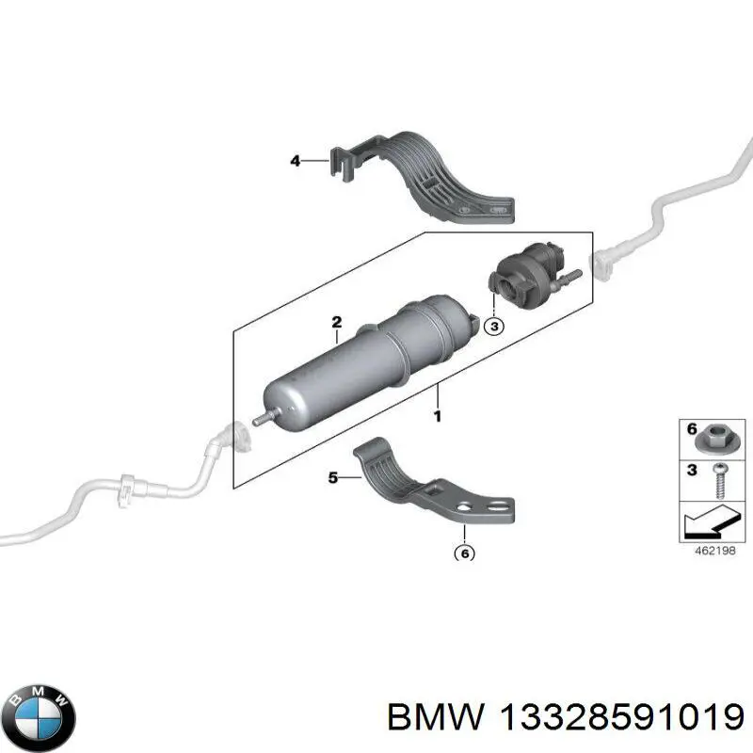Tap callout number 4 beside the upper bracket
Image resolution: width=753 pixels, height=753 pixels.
295,162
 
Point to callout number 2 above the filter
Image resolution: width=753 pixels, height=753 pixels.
336,323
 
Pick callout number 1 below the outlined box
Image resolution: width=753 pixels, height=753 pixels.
436,414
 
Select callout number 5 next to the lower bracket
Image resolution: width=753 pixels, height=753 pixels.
331,478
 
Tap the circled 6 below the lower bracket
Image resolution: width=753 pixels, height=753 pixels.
463,553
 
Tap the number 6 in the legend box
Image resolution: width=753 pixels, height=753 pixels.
691,430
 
